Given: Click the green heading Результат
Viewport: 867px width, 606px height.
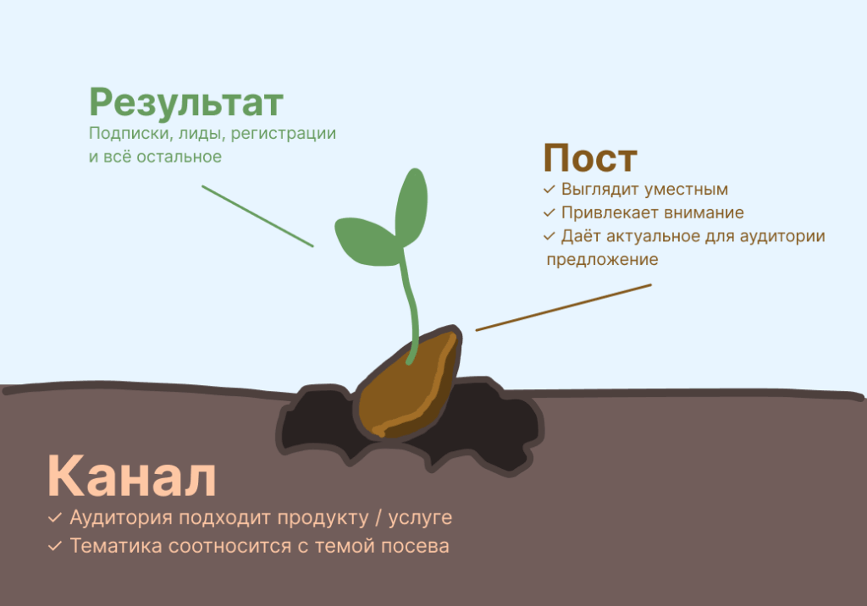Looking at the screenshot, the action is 186,103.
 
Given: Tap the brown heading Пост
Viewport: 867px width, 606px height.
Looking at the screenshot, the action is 590,158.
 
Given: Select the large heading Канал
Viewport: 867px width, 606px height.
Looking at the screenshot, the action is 131,476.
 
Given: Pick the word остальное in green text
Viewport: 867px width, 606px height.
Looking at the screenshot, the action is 179,157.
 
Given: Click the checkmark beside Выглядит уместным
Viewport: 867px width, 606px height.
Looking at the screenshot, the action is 549,189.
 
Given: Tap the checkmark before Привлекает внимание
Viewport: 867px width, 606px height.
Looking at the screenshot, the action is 549,213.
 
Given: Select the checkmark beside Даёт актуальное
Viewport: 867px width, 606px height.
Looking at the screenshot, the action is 549,237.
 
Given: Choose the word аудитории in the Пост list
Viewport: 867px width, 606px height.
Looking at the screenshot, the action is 782,237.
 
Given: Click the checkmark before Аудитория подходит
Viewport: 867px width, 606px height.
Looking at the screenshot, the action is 55,518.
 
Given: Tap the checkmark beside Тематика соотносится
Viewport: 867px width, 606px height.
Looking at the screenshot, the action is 55,546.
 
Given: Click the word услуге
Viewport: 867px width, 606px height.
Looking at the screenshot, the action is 420,519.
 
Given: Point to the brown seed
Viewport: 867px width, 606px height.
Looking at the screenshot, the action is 409,383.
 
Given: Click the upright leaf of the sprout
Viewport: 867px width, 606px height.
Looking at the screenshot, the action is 411,207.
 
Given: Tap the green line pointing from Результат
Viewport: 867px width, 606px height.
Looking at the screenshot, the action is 257,216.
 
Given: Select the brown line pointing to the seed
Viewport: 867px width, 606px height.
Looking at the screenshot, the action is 563,307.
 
